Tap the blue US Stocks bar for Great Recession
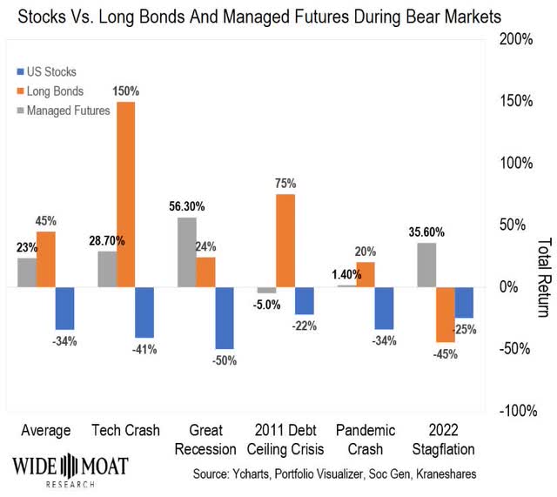point(225,317)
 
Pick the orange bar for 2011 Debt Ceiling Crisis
point(285,240)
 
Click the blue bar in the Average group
point(65,307)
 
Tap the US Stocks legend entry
point(55,71)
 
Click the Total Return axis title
point(545,275)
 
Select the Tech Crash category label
point(124,431)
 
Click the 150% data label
point(125,91)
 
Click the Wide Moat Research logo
point(69,467)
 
